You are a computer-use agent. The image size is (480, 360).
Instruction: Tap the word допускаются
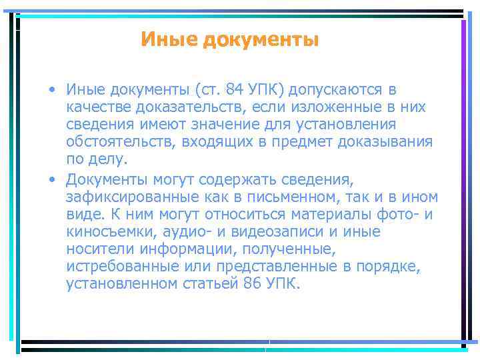pos(337,89)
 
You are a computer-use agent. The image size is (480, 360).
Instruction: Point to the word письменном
pos(313,197)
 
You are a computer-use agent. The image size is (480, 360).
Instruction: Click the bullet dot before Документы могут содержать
pos(51,179)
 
